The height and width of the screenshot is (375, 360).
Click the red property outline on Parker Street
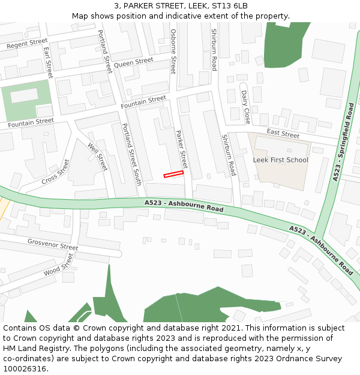pyautogui.click(x=173, y=174)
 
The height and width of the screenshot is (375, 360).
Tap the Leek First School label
pyautogui.click(x=280, y=160)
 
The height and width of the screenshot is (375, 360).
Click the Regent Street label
pyautogui.click(x=26, y=43)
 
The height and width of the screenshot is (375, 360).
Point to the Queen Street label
pyautogui.click(x=133, y=62)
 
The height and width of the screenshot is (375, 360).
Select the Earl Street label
pyautogui.click(x=49, y=62)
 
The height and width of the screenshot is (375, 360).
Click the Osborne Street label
pyautogui.click(x=173, y=51)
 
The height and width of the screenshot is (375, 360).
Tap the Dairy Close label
pyautogui.click(x=245, y=107)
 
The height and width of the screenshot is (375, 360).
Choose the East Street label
pyautogui.click(x=283, y=134)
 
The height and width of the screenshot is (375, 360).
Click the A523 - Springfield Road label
pyautogui.click(x=344, y=142)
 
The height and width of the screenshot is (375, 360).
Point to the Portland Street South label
pyautogui.click(x=131, y=154)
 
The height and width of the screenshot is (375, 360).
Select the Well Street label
pyautogui.click(x=97, y=157)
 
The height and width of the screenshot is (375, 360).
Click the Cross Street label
pyautogui.click(x=56, y=172)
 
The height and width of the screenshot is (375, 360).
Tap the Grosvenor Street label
pyautogui.click(x=53, y=244)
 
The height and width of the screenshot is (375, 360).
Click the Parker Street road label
pyautogui.click(x=181, y=148)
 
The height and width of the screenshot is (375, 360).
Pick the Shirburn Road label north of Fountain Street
pyautogui.click(x=214, y=50)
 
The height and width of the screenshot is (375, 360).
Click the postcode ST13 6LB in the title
pyautogui.click(x=229, y=6)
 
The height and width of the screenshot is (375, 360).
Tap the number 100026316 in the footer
pyautogui.click(x=25, y=369)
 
